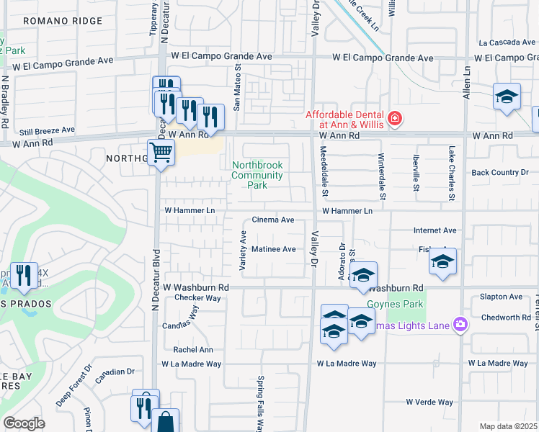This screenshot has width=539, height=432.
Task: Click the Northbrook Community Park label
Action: (x=257, y=175)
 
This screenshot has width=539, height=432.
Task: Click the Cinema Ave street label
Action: (x=273, y=220)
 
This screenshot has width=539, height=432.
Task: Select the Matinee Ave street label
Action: (x=274, y=249)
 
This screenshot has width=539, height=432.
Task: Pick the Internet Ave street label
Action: (x=435, y=230)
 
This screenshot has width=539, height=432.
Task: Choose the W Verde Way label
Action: (x=429, y=402)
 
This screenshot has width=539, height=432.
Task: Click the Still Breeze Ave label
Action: (x=47, y=130)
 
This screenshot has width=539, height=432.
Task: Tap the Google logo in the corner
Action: (x=24, y=423)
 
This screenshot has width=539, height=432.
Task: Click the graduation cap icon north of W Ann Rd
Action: (x=507, y=96)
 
